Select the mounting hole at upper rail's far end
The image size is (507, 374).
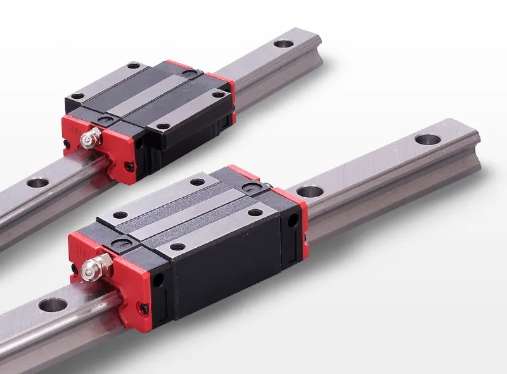(283, 44)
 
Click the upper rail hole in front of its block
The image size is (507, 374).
(37, 183)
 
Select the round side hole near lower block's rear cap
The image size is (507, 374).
(292, 219)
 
